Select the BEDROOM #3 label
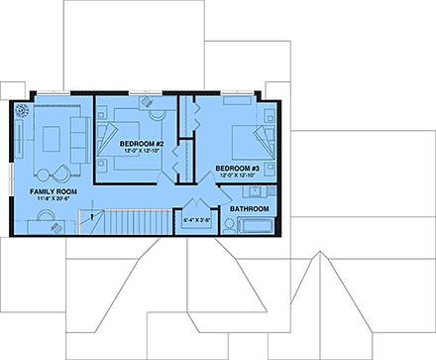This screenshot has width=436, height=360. [238, 170]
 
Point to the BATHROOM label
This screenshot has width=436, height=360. [250, 209]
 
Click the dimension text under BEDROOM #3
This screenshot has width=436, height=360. [238, 178]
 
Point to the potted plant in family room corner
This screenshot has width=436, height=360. [21, 111]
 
